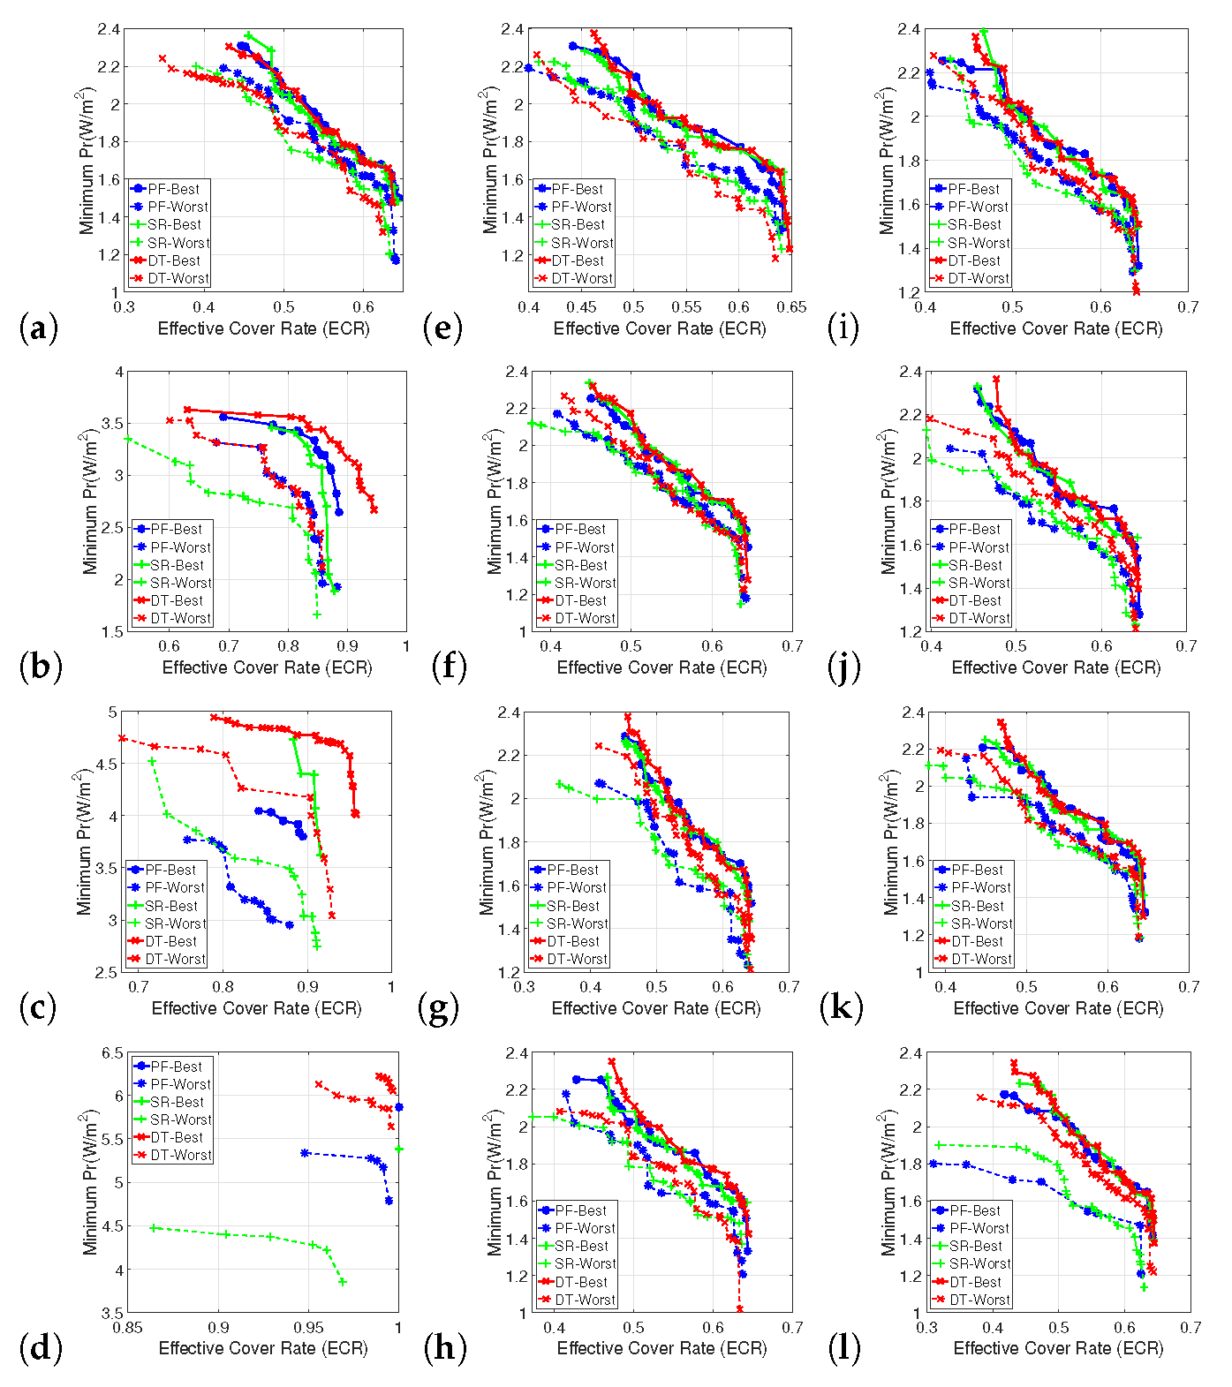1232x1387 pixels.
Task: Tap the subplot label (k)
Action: [840, 1006]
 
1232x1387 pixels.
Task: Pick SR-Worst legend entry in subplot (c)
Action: [167, 923]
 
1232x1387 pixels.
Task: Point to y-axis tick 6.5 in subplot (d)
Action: [112, 1053]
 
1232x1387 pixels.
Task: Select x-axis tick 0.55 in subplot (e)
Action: [686, 307]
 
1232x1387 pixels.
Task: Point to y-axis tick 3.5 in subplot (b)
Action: [112, 424]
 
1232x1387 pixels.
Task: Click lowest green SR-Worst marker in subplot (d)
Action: [343, 1282]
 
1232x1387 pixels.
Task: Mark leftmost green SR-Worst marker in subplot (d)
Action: [153, 1228]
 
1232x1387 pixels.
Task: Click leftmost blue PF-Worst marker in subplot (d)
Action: [305, 1153]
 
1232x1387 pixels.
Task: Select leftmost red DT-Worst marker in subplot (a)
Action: [163, 58]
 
